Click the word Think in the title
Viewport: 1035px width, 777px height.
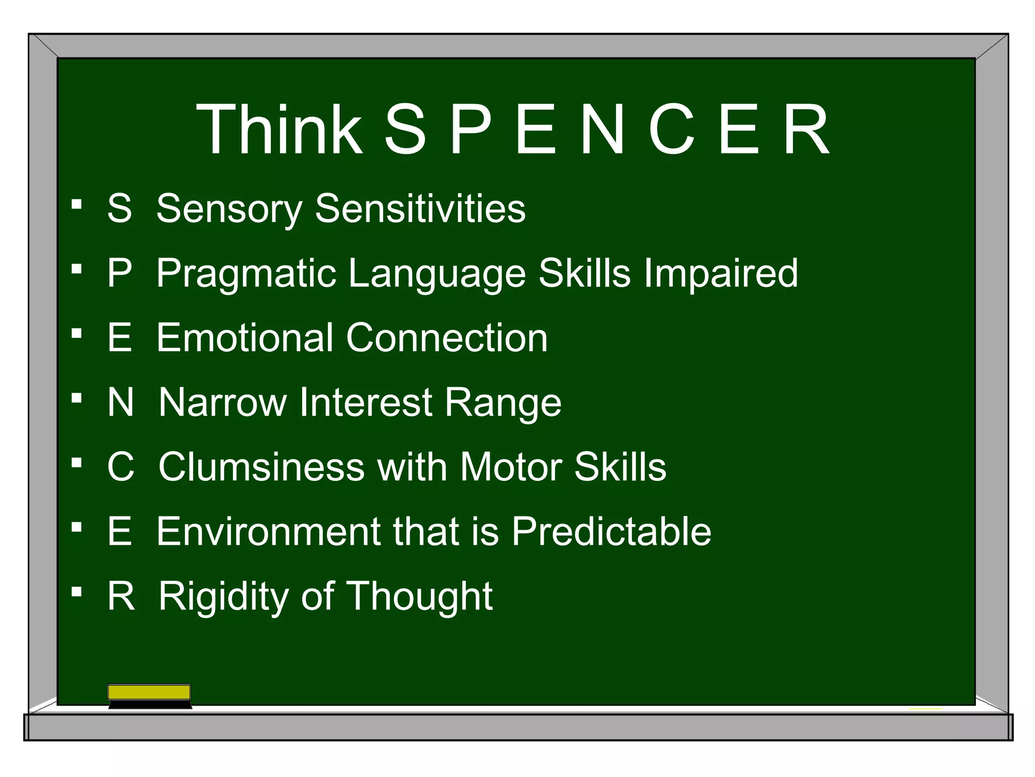tap(279, 129)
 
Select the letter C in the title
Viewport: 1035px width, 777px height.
tap(671, 129)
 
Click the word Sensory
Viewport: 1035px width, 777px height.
tap(229, 208)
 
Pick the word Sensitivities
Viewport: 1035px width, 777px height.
tap(420, 208)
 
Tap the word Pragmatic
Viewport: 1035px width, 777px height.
tap(246, 274)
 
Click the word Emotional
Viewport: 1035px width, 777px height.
tap(245, 337)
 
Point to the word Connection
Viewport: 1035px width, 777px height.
tap(447, 337)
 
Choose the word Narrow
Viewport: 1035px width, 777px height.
tap(222, 402)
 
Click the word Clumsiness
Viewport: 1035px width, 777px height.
tap(261, 466)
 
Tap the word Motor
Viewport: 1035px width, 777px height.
tap(510, 466)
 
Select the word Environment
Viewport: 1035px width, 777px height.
tap(268, 531)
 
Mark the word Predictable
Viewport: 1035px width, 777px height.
tap(611, 531)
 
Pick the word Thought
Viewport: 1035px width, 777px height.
tap(419, 596)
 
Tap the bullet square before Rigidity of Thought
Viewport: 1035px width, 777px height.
tap(77, 591)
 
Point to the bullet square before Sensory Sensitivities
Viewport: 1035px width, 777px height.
tap(77, 204)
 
